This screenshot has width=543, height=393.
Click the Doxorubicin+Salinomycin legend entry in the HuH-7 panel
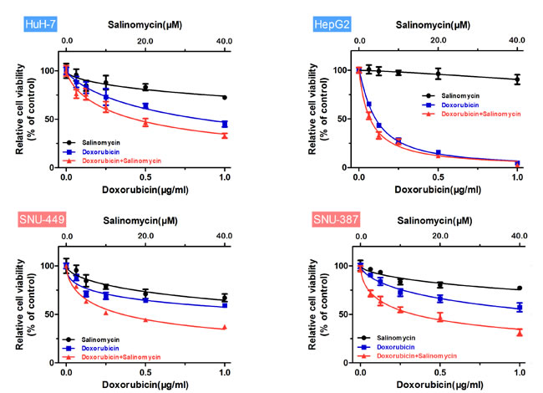tap(119, 160)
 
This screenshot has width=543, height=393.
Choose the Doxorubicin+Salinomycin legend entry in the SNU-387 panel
tap(419, 355)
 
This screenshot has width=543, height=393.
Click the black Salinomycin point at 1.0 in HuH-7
tap(224, 97)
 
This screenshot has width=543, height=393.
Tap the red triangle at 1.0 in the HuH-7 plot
tap(224, 135)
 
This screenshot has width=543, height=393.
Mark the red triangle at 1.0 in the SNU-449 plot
tap(224, 328)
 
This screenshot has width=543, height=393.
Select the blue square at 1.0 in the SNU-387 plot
tap(519, 307)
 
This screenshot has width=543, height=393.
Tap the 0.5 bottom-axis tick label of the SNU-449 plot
tap(145, 372)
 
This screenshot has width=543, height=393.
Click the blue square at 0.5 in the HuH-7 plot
tap(145, 106)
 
